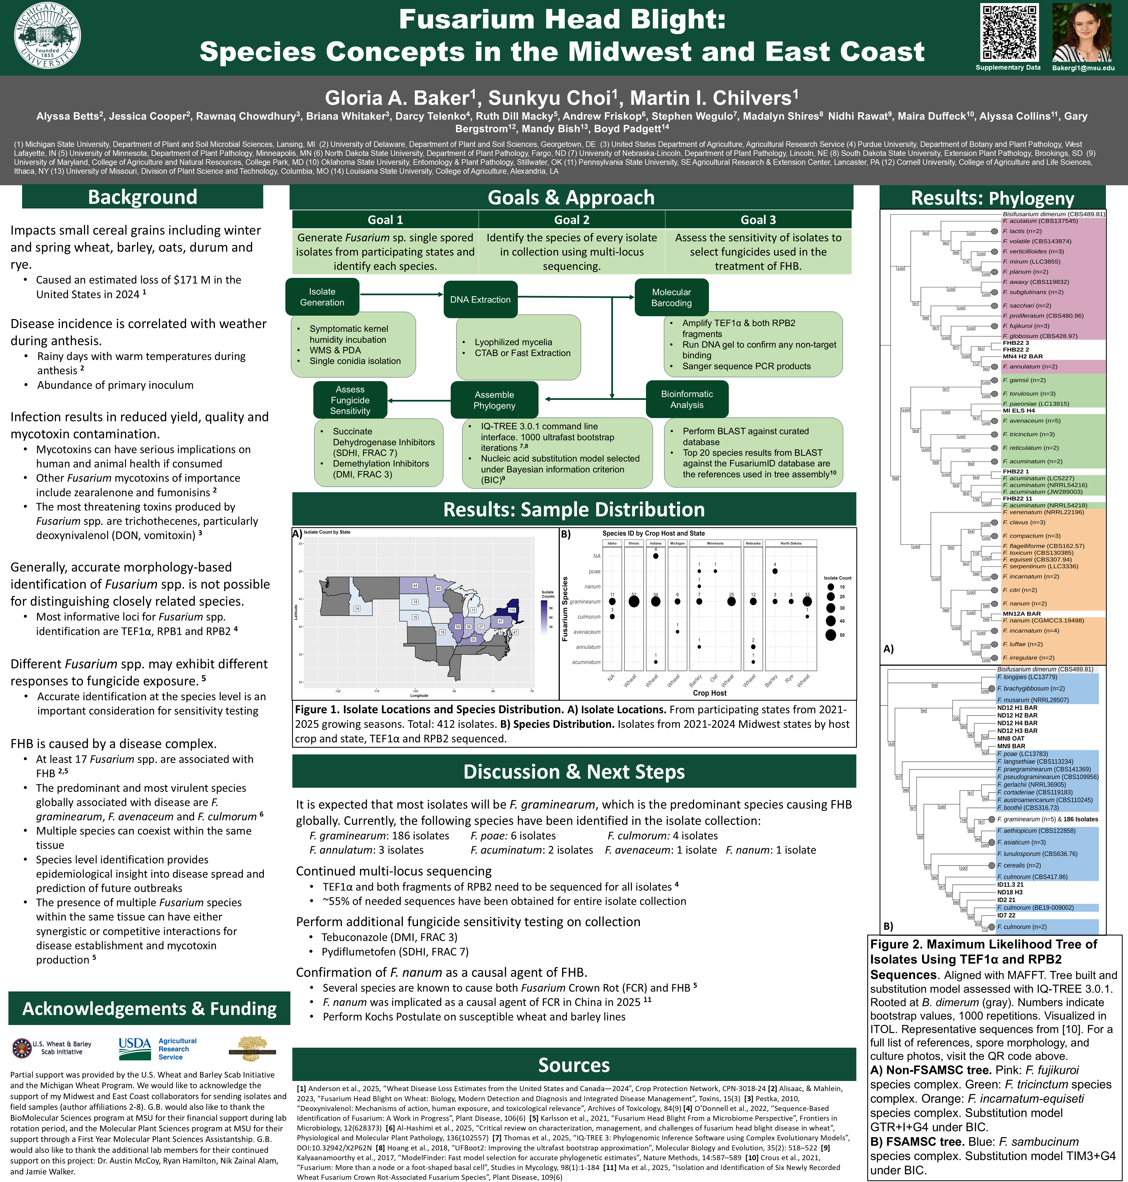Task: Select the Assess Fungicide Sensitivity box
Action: coord(350,400)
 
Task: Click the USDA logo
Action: coord(135,1049)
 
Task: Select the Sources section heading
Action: coord(574,1065)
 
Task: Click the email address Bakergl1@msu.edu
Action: coord(1083,68)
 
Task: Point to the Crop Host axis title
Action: coord(709,693)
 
